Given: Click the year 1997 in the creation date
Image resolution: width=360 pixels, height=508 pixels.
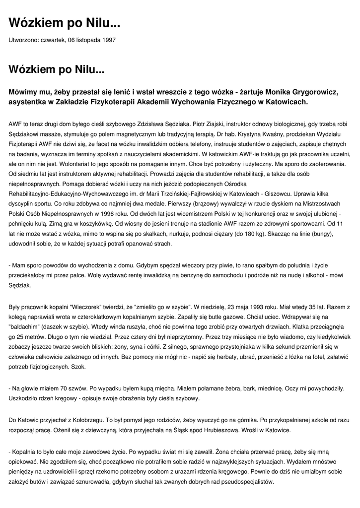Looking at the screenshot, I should pyautogui.click(x=109, y=39).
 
